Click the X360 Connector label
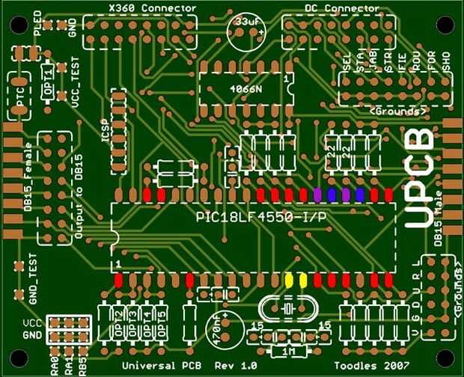click(x=141, y=8)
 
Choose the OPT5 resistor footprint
click(x=162, y=323)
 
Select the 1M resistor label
click(x=288, y=351)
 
